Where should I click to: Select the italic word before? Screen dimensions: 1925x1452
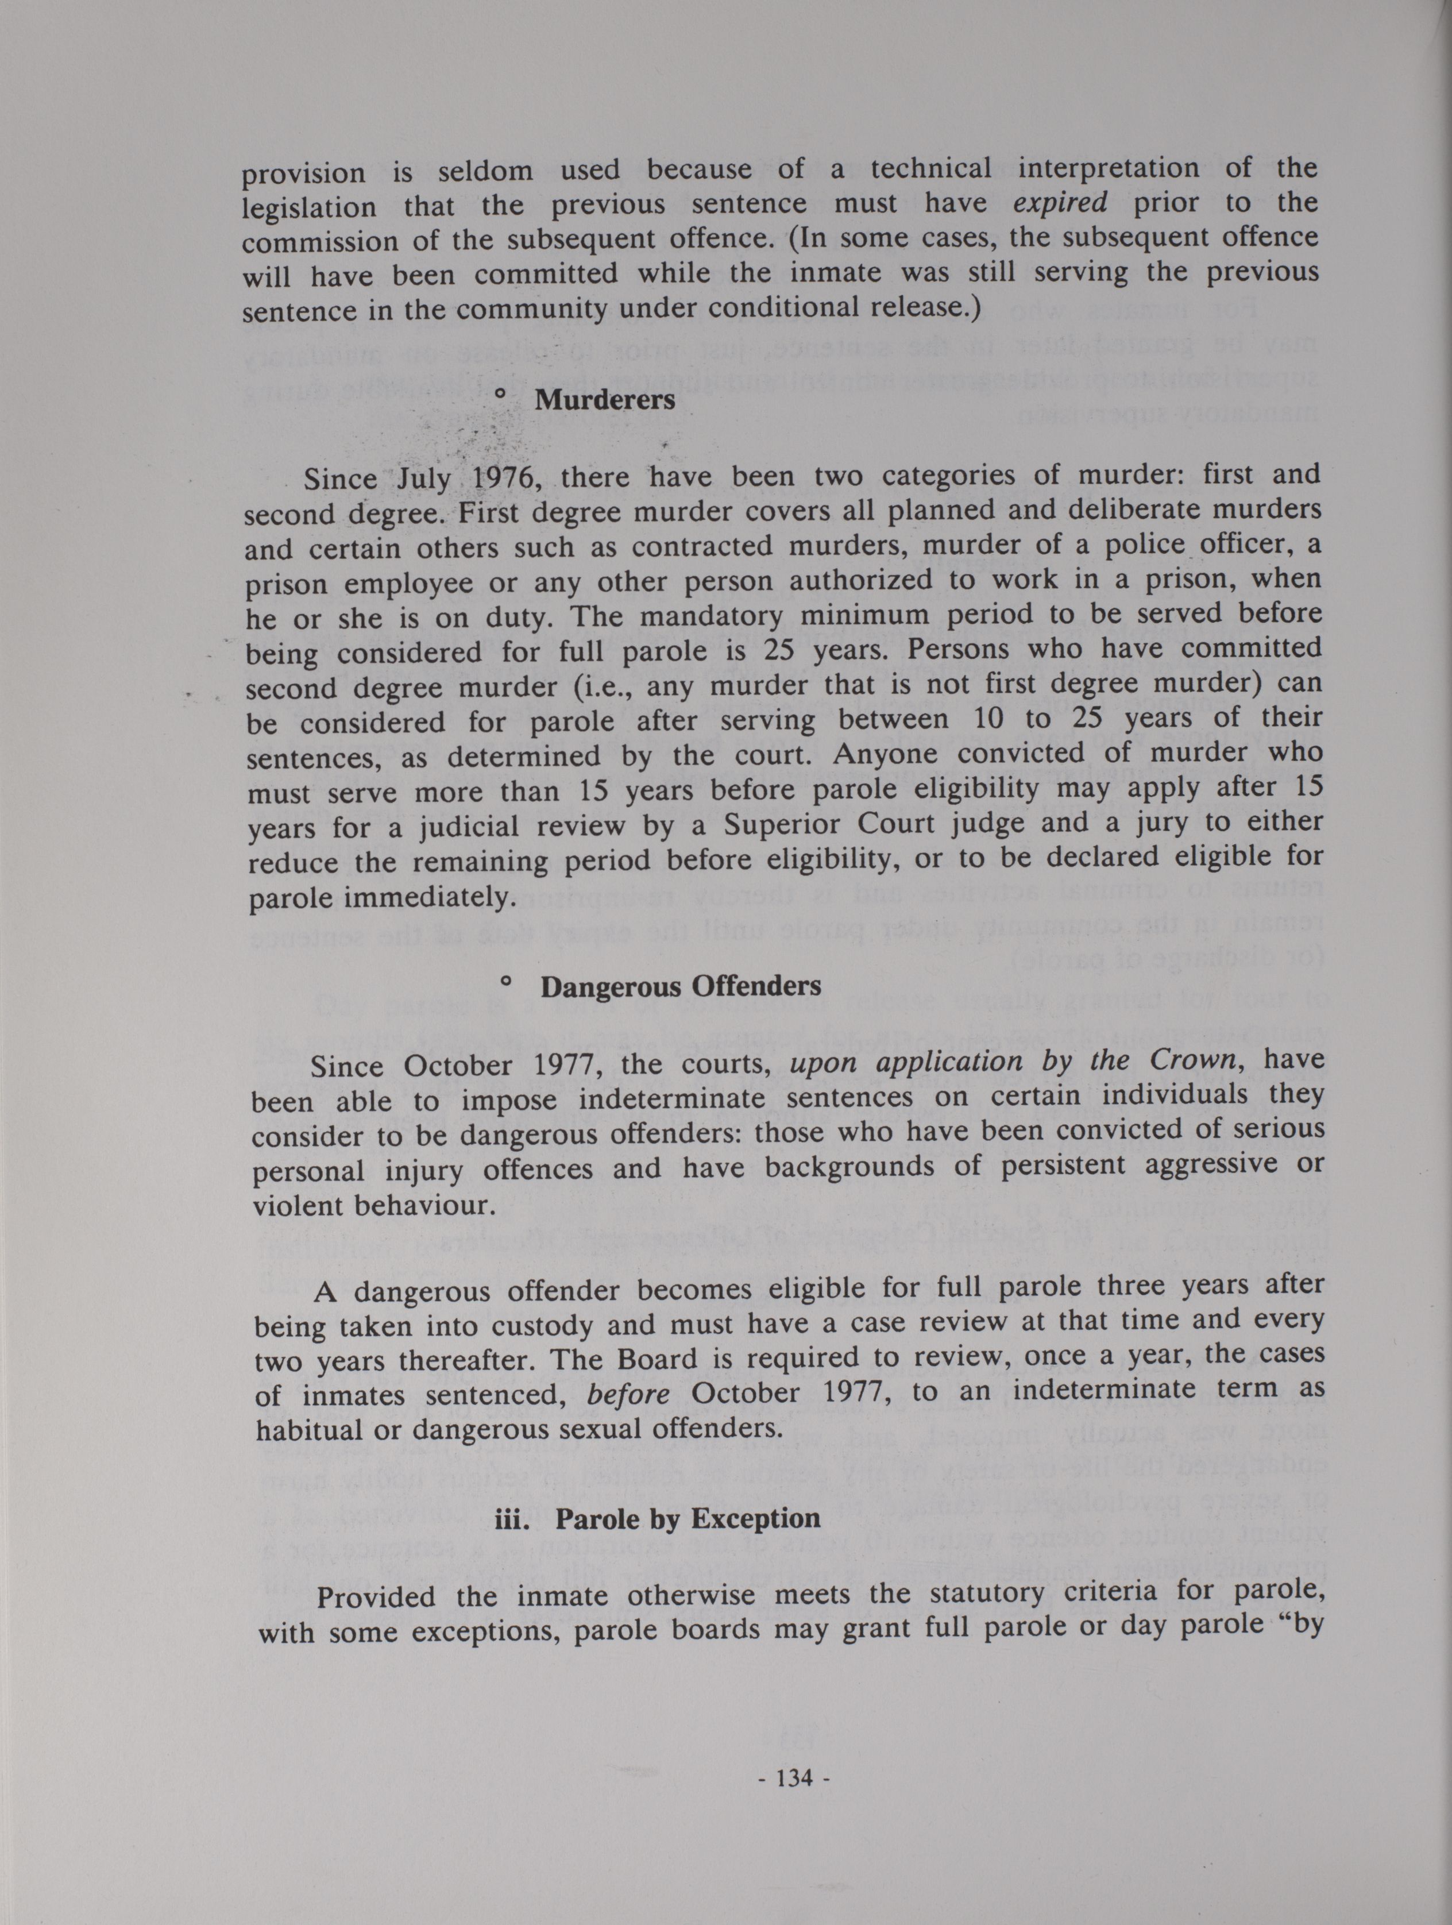[628, 1394]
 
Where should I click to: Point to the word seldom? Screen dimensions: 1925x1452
[485, 171]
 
